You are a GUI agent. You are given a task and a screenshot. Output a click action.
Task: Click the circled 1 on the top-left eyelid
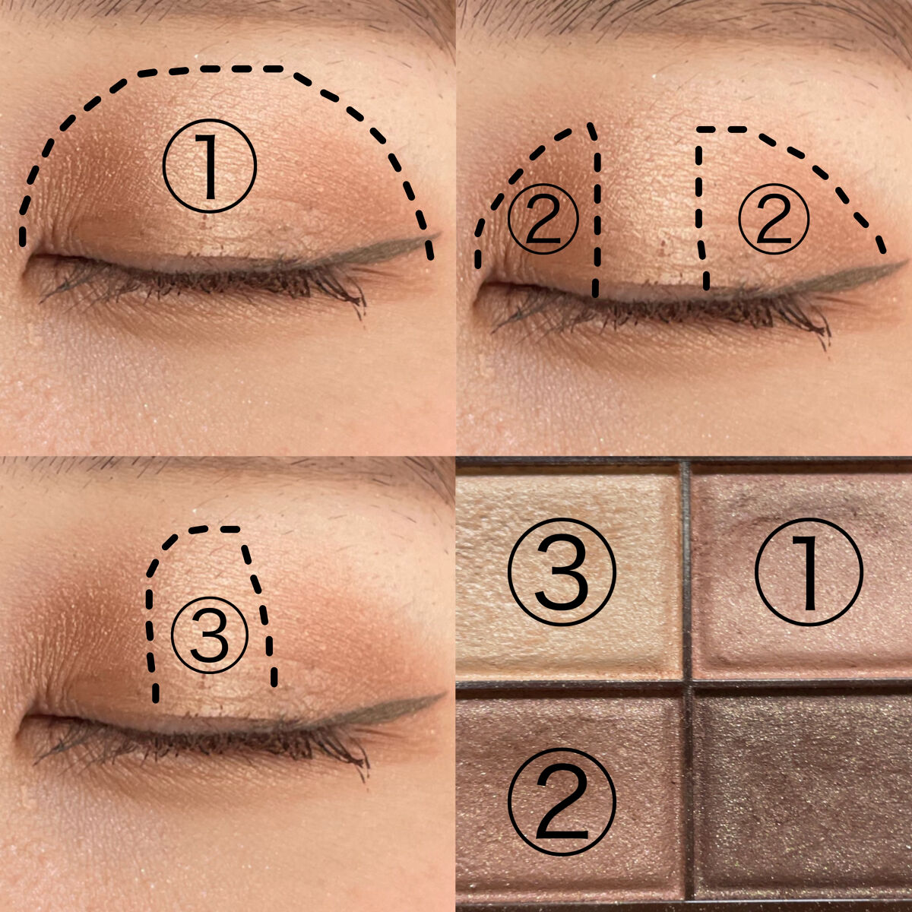[x=209, y=166]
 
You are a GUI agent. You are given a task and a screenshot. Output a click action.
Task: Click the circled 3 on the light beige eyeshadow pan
[x=562, y=572]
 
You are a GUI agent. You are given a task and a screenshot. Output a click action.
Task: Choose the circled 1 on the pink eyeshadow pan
[x=809, y=572]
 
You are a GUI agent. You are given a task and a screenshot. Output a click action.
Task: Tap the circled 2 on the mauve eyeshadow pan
[x=562, y=801]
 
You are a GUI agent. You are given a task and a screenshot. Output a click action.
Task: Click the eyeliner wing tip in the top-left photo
[x=439, y=234]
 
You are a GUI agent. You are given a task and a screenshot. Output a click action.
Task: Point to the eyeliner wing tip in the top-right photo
[x=905, y=261]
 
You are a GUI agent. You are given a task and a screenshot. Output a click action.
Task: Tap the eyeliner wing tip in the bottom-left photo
[x=444, y=695]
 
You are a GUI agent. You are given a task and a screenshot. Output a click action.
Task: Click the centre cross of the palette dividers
[x=687, y=684]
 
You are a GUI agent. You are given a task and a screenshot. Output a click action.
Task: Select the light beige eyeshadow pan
[x=568, y=572]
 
